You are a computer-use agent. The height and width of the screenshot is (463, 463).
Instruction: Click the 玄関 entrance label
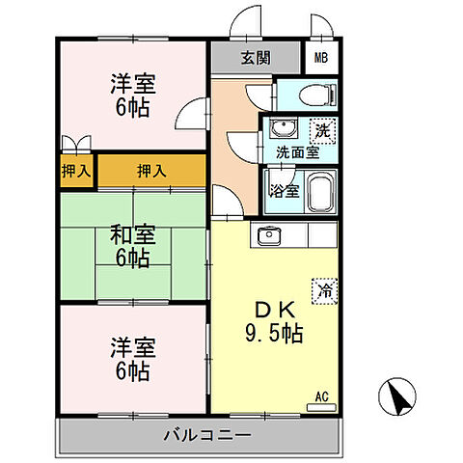256,57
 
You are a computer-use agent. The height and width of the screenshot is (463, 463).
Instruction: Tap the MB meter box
320,57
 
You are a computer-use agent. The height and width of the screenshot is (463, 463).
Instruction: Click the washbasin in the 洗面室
282,129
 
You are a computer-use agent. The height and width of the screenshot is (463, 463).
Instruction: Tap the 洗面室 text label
298,151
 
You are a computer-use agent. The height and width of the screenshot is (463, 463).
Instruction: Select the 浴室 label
285,189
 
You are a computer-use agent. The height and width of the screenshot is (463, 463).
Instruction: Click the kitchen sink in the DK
267,235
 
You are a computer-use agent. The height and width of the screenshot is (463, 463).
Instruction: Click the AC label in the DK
323,395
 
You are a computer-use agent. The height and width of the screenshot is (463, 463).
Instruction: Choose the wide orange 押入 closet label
150,171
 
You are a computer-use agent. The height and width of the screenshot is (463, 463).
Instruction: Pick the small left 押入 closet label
76,171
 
